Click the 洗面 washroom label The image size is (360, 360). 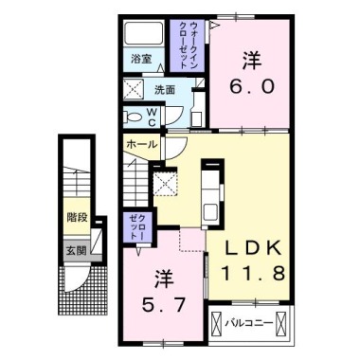pos(165,92)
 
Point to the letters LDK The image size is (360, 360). pos(251,248)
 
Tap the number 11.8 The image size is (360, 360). pos(251,273)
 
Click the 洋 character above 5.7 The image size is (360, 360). pos(162,279)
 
